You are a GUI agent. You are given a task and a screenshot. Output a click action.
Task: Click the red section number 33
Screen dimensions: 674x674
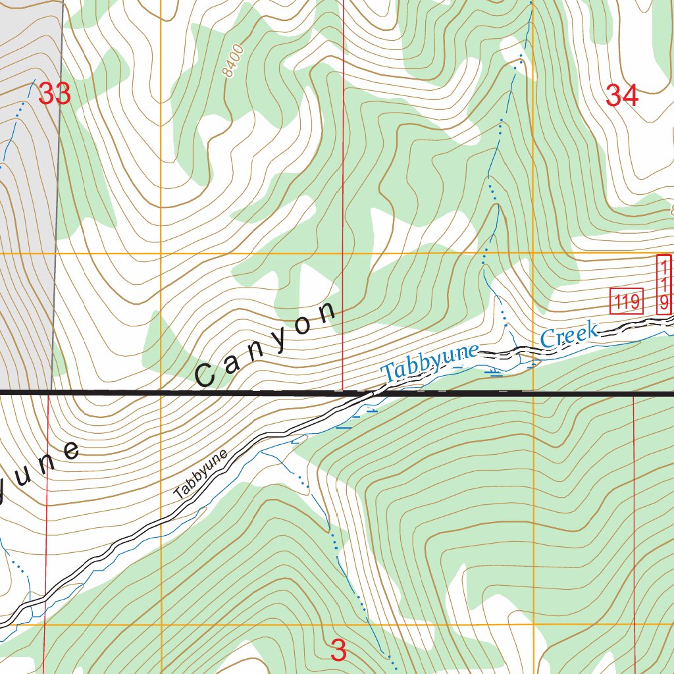click(54, 94)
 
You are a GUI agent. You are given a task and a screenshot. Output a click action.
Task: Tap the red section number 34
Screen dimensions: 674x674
click(621, 96)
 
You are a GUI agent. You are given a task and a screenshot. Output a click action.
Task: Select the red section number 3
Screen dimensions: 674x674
click(338, 650)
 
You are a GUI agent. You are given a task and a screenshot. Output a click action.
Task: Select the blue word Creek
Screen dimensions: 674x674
click(569, 335)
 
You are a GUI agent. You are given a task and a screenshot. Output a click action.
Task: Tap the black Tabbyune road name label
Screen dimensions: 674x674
click(201, 474)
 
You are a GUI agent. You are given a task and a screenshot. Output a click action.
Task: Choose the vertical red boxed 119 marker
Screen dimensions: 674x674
click(664, 285)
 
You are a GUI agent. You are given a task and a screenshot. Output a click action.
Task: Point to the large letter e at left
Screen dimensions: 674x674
click(70, 451)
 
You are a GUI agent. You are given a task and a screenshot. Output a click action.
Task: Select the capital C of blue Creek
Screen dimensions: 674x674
click(548, 340)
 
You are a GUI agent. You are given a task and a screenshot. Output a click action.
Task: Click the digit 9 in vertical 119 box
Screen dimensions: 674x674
click(664, 302)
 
